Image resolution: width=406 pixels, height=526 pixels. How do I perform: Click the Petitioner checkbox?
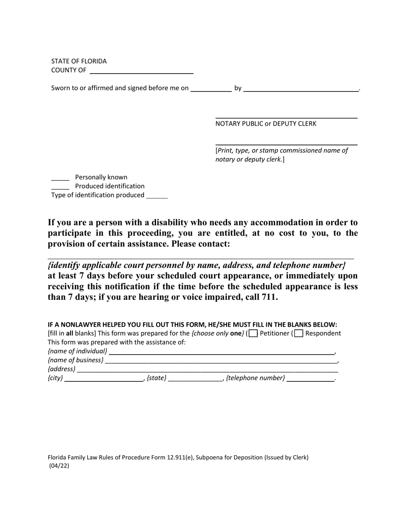(x=253, y=334)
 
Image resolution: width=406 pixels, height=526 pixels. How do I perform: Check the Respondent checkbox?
(x=299, y=334)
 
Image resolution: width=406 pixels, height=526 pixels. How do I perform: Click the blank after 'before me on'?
(x=211, y=89)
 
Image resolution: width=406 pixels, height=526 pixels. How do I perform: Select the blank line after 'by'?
(x=301, y=89)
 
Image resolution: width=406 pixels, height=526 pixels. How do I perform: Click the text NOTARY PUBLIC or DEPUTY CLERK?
(x=266, y=124)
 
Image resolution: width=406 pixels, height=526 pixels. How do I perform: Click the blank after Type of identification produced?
(x=157, y=196)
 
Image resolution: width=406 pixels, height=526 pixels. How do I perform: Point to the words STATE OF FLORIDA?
(x=79, y=61)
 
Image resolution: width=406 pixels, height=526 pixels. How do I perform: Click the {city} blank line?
(x=104, y=379)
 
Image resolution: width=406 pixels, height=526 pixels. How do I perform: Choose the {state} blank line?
(x=195, y=379)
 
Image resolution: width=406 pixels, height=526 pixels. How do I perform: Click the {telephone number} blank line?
(x=310, y=379)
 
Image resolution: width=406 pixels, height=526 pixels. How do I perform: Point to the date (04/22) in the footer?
(x=59, y=466)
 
